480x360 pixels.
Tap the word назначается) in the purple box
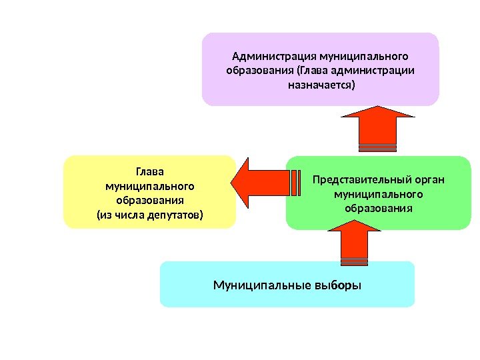[321, 85]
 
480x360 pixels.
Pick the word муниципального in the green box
[379, 194]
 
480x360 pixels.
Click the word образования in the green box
[379, 209]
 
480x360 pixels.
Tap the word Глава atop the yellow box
[149, 171]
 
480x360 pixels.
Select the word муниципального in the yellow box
[149, 185]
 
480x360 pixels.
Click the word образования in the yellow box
[149, 200]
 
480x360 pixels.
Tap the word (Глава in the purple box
[311, 70]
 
